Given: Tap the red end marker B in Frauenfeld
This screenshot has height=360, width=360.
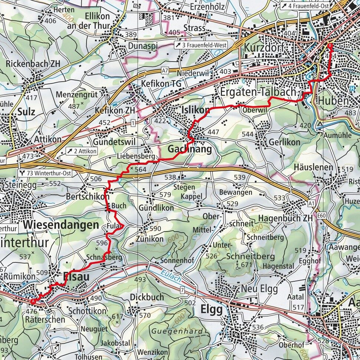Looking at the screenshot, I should coord(330,46).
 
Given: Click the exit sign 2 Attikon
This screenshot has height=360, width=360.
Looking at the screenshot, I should coord(81,151).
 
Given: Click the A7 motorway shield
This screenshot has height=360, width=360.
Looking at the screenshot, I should coord(165,71).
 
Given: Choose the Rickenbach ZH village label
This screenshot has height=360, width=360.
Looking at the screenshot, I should coord(32,63).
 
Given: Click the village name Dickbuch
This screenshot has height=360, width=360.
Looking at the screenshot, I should coord(147,297).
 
